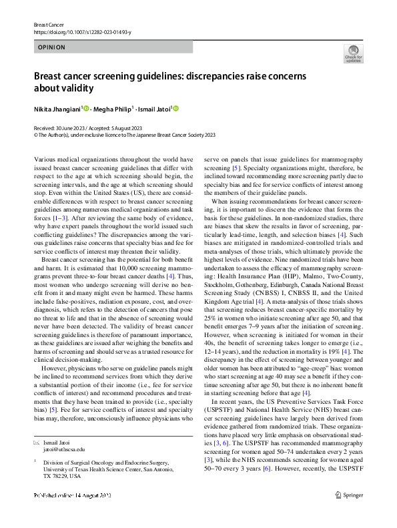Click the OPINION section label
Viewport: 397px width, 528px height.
coord(51,47)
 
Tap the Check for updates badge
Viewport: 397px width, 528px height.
coord(353,53)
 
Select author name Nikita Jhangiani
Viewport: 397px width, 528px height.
coord(57,109)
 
